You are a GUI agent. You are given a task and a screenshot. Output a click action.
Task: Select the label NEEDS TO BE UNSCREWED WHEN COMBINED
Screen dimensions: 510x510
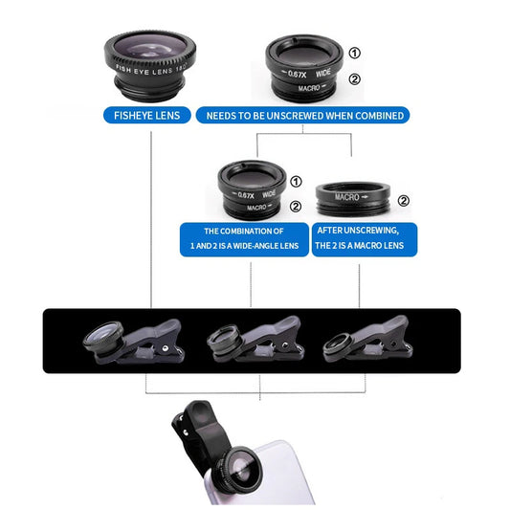[303, 116]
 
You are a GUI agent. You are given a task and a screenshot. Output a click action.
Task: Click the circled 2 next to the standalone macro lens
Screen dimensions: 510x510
[403, 201]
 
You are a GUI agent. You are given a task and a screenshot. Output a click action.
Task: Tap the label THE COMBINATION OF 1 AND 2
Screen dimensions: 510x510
[243, 239]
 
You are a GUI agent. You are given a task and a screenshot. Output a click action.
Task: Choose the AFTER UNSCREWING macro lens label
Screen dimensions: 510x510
[366, 239]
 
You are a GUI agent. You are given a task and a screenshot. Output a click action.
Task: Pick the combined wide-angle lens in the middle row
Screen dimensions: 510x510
[250, 189]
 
